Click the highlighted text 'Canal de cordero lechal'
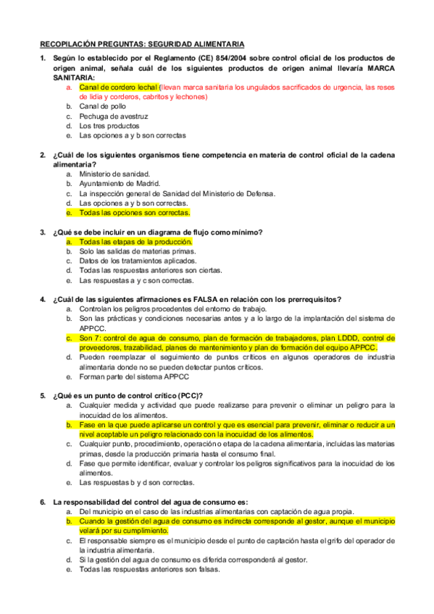[x=118, y=87]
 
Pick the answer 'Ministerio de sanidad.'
[x=114, y=174]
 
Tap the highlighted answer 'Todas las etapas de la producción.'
[x=135, y=241]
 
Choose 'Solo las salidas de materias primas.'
[x=137, y=251]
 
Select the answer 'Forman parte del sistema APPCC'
[x=134, y=377]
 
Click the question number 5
[x=43, y=395]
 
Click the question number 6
[x=43, y=501]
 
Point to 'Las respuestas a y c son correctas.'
[x=135, y=280]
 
